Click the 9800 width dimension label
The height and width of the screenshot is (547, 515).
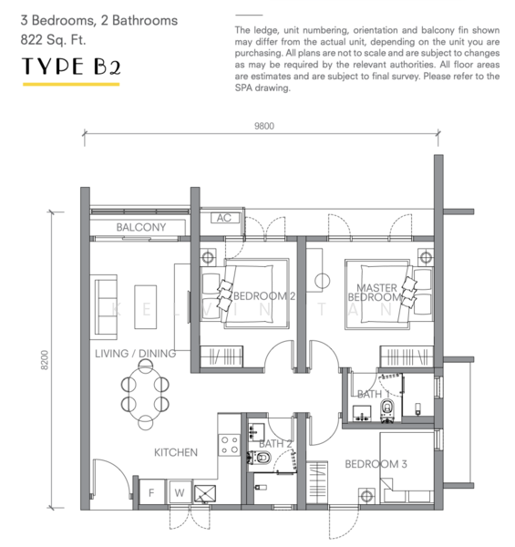[x=264, y=126]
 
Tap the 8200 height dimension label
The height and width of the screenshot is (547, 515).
[x=45, y=360]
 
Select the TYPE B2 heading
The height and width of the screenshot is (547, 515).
[x=71, y=67]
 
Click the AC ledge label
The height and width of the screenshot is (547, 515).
[x=224, y=218]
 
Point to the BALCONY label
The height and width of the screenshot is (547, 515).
[x=141, y=227]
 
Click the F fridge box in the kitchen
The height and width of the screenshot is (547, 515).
[x=151, y=492]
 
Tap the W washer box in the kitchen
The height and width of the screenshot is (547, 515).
[x=180, y=492]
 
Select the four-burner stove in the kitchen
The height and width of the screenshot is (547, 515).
[x=230, y=445]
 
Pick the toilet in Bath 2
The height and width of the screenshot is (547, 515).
[x=260, y=458]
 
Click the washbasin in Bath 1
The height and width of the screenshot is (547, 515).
[x=362, y=413]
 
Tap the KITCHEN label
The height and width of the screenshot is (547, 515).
[x=176, y=452]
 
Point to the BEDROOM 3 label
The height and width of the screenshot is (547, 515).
[x=376, y=464]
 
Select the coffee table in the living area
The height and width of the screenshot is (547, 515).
[x=146, y=307]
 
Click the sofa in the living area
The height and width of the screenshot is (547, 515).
[x=104, y=307]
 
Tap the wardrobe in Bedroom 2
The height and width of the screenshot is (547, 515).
[x=221, y=356]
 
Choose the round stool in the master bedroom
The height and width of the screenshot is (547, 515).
[x=322, y=281]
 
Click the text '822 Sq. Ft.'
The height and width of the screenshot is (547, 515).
[x=53, y=40]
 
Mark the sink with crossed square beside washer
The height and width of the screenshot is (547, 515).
[x=205, y=494]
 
